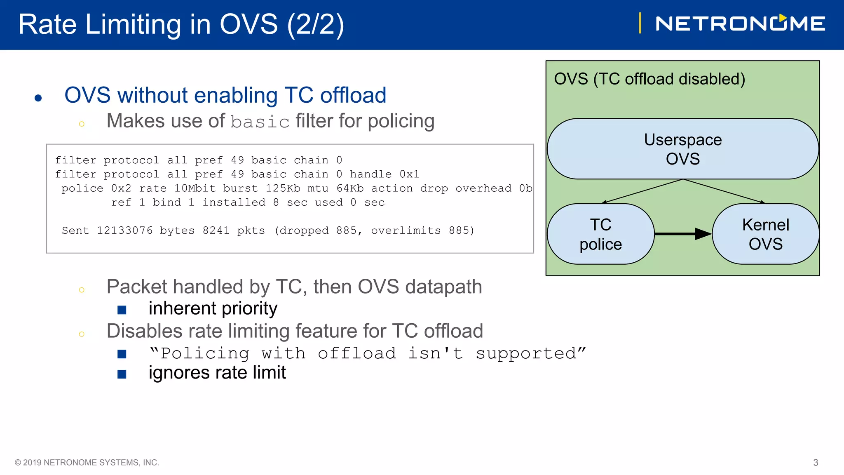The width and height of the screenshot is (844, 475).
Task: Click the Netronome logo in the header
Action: coord(740,24)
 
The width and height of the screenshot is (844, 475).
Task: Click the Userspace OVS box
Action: coord(682,149)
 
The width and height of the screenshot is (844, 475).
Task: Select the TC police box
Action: coord(600,234)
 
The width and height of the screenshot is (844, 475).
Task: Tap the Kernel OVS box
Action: coord(765,234)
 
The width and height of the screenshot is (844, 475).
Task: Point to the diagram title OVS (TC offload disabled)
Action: coord(649,79)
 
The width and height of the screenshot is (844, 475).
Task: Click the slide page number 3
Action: coord(815,463)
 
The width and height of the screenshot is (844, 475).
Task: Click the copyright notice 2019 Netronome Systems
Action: coord(87,463)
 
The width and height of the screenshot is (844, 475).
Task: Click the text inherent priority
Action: coord(213,308)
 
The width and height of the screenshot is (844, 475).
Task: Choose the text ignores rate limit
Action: coord(217,373)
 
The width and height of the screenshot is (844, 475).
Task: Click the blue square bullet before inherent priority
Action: coord(122,310)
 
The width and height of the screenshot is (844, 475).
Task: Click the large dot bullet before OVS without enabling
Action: coord(38,98)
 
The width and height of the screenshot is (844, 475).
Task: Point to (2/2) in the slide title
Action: coord(315,24)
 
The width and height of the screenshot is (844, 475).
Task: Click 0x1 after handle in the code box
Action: coord(409,174)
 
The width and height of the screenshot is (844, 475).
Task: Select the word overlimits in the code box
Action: coord(406,230)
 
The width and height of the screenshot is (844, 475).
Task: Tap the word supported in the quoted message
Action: coord(525,354)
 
